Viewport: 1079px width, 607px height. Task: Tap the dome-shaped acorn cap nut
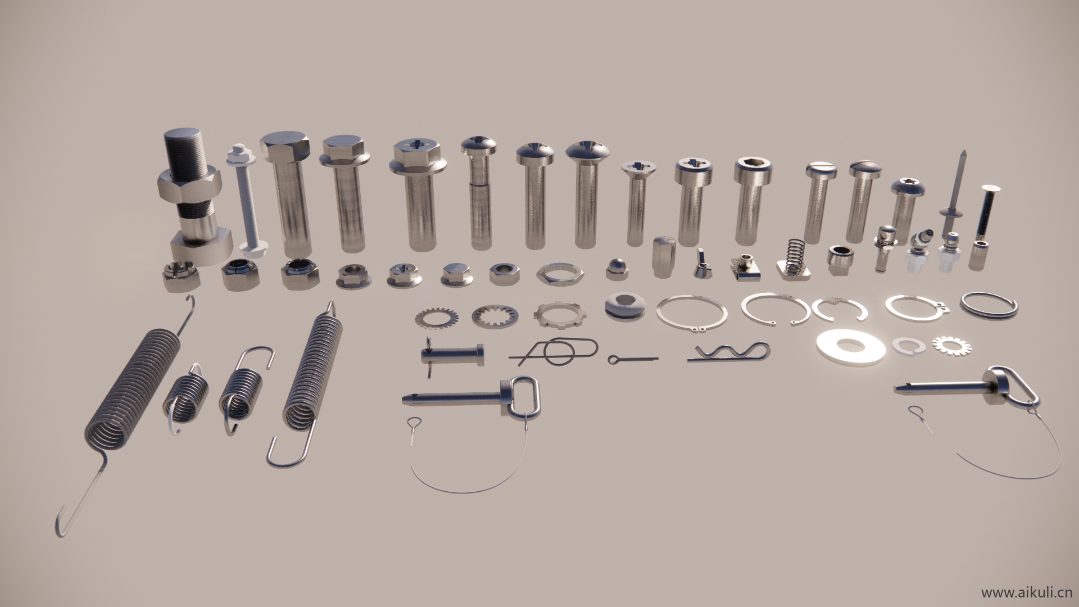(x=616, y=269)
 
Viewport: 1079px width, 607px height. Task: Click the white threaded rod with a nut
(x=246, y=199)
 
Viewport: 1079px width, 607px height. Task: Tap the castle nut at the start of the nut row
(x=179, y=275)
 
